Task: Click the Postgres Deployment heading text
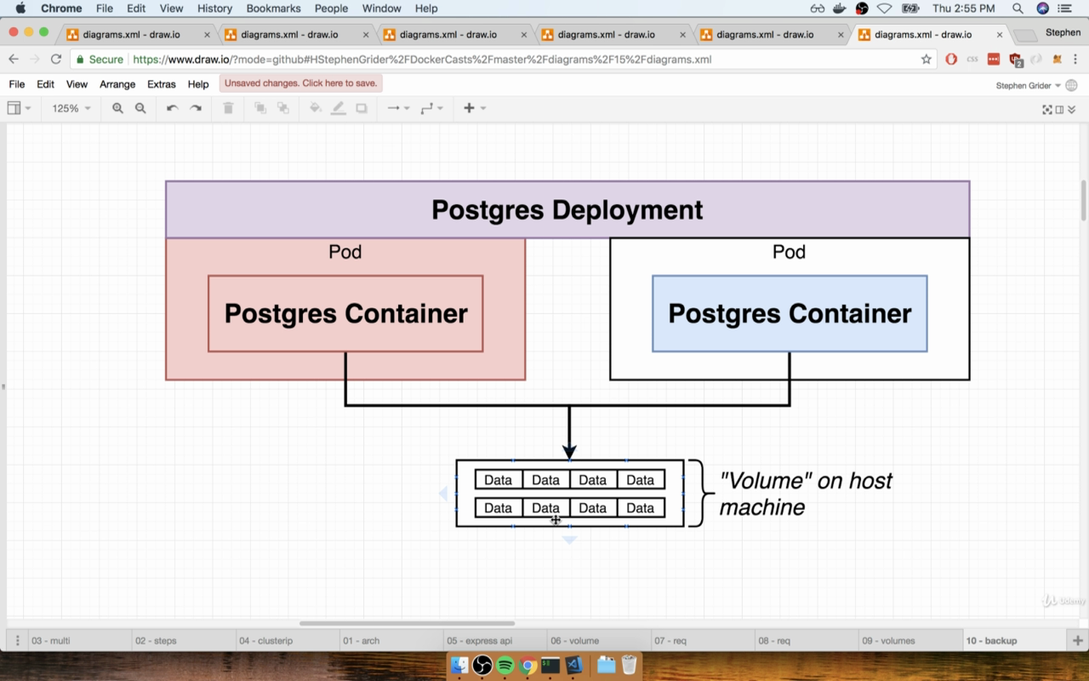tap(567, 210)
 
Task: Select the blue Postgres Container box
tap(790, 314)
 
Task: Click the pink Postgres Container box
tap(345, 314)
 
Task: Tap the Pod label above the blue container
tap(789, 252)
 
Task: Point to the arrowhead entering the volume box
tap(569, 451)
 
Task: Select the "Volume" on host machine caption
tap(806, 494)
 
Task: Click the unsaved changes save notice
tap(300, 83)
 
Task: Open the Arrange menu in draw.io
tap(117, 84)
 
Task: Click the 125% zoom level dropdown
tap(71, 108)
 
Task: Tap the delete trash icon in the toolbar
tap(228, 108)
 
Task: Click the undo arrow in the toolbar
tap(172, 108)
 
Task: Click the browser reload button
tap(56, 60)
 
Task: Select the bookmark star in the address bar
tap(927, 60)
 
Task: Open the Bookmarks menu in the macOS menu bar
tap(273, 9)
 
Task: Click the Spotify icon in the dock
tap(505, 666)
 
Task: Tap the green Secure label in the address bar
tap(106, 60)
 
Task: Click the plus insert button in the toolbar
tap(469, 108)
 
